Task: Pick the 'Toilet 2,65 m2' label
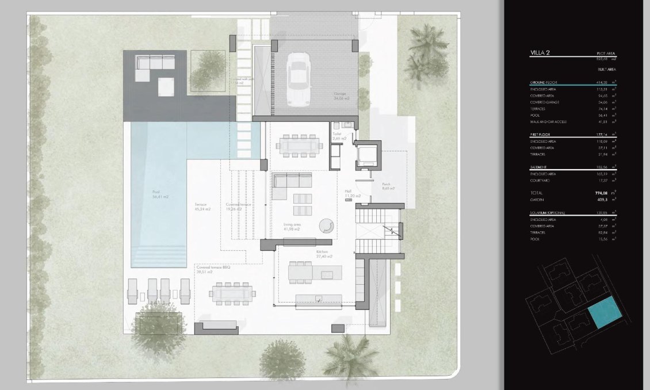coord(339,136)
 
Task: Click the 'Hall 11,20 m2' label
coord(353,194)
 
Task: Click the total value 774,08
coord(598,193)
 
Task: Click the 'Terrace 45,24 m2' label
coord(202,207)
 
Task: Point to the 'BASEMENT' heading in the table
coord(540,167)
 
